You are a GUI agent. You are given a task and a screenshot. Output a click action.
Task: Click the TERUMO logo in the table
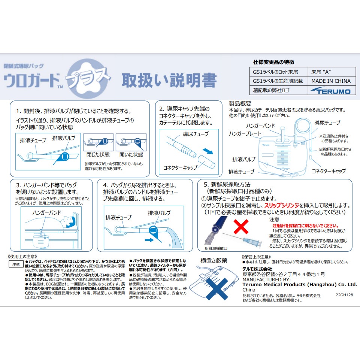pyautogui.click(x=330, y=91)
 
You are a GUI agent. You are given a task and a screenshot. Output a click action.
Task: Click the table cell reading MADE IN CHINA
pyautogui.click(x=331, y=81)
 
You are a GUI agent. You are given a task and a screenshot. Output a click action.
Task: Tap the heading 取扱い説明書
pyautogui.click(x=169, y=80)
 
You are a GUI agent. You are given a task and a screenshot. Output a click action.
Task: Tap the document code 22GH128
pyautogui.click(x=344, y=295)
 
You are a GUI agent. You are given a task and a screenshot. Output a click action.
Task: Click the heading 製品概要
pyautogui.click(x=240, y=103)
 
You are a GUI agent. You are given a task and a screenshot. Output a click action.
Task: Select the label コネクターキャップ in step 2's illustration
pyautogui.click(x=180, y=167)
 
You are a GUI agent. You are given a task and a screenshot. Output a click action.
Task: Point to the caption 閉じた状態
pyautogui.click(x=98, y=154)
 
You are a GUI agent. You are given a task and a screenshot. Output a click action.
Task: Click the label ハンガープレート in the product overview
pyautogui.click(x=245, y=133)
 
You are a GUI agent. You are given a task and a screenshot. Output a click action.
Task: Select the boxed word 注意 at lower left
pyautogui.click(x=16, y=264)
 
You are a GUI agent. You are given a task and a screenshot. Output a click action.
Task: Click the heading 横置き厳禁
pyautogui.click(x=214, y=260)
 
